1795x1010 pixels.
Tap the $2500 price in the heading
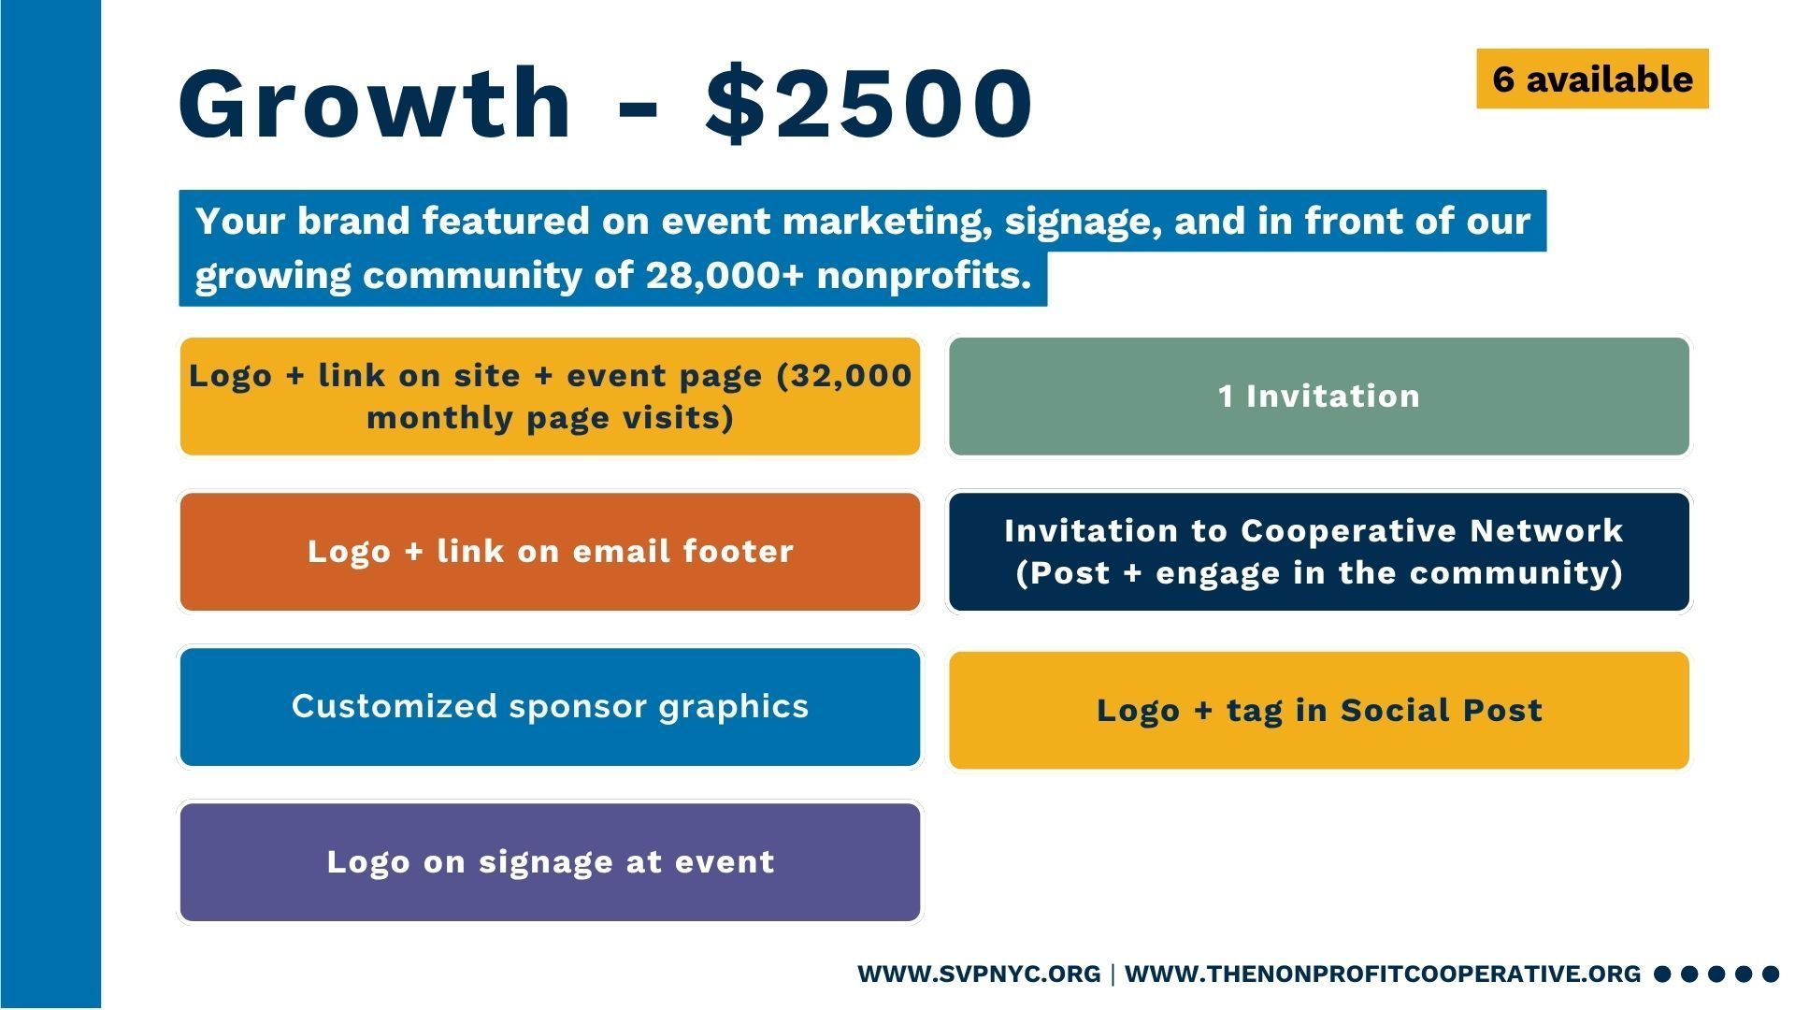[869, 102]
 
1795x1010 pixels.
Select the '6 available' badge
[1592, 79]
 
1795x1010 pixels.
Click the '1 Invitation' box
[1319, 397]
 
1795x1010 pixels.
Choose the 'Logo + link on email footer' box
[550, 552]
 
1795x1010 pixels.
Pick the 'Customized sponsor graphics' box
[550, 707]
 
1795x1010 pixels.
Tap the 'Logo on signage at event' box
[550, 862]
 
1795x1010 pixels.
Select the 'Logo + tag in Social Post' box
[1319, 711]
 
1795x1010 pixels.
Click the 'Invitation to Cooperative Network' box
[1319, 552]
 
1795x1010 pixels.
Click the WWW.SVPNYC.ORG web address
[979, 974]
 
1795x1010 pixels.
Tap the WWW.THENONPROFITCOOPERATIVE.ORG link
[1383, 974]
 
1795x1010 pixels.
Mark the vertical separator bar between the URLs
[1113, 974]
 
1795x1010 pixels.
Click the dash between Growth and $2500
[638, 105]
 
